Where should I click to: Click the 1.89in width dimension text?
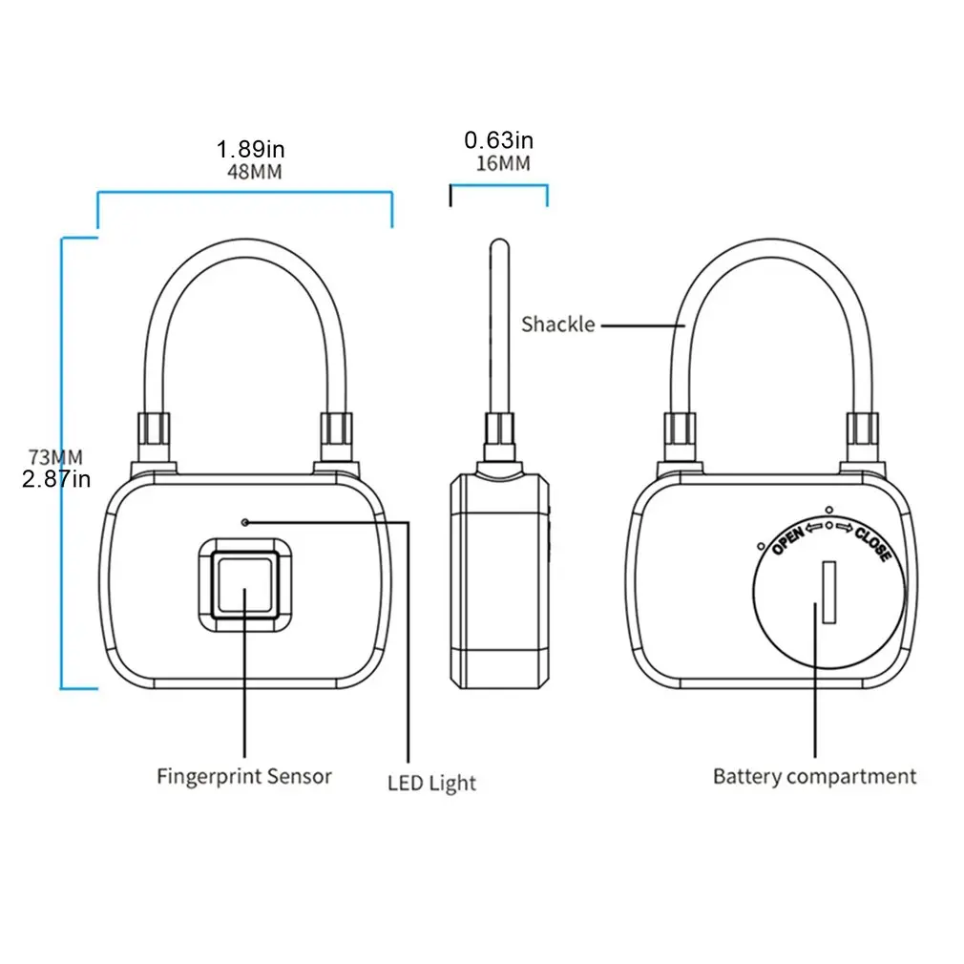coord(250,149)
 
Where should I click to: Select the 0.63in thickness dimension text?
coord(499,140)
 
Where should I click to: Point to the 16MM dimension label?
coord(502,163)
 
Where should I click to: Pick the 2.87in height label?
coord(56,479)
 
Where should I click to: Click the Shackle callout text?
coord(557,325)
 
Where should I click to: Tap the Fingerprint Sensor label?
coord(244,776)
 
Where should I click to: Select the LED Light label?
coord(431,785)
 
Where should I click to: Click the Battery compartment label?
coord(814,776)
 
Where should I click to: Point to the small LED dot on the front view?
coord(246,522)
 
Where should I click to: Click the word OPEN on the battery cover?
coord(788,540)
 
